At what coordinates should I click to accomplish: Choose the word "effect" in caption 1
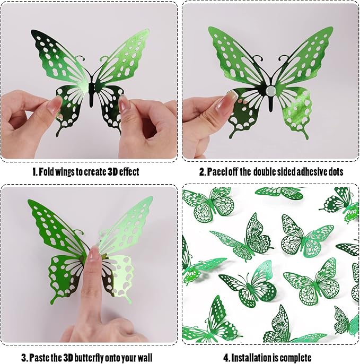click(x=128, y=172)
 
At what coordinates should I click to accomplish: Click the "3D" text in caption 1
click(x=108, y=172)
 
